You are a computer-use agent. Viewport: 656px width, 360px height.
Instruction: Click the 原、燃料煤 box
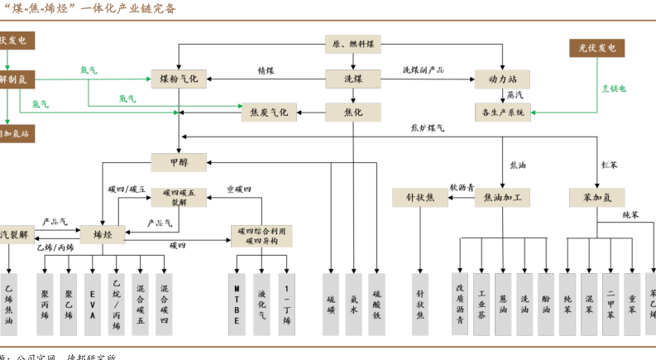tap(352, 44)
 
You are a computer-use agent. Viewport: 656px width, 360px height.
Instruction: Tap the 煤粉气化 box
tap(179, 79)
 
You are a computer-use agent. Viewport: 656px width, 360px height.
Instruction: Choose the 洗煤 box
tap(352, 79)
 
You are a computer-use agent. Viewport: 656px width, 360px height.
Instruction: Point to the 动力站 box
tap(501, 79)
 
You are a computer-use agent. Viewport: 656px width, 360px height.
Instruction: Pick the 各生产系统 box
tap(502, 113)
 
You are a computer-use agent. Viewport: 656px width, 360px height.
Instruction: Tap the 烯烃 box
tap(101, 235)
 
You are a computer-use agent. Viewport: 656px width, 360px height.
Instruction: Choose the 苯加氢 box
tap(596, 198)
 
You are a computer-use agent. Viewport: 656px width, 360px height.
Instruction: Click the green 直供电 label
tap(613, 88)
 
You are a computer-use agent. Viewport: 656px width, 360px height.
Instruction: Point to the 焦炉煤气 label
tap(428, 128)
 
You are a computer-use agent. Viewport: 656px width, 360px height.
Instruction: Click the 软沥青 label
tap(462, 188)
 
